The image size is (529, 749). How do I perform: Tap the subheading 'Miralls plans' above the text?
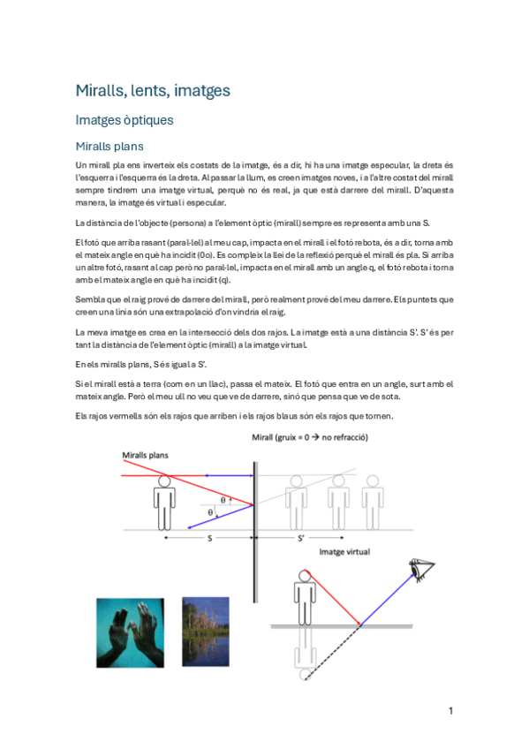110,146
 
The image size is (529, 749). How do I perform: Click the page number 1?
450,711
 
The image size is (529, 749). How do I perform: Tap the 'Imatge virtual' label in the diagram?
344,551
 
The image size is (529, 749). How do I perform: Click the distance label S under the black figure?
208,538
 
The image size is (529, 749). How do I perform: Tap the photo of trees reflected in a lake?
205,632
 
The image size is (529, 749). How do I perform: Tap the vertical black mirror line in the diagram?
256,495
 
